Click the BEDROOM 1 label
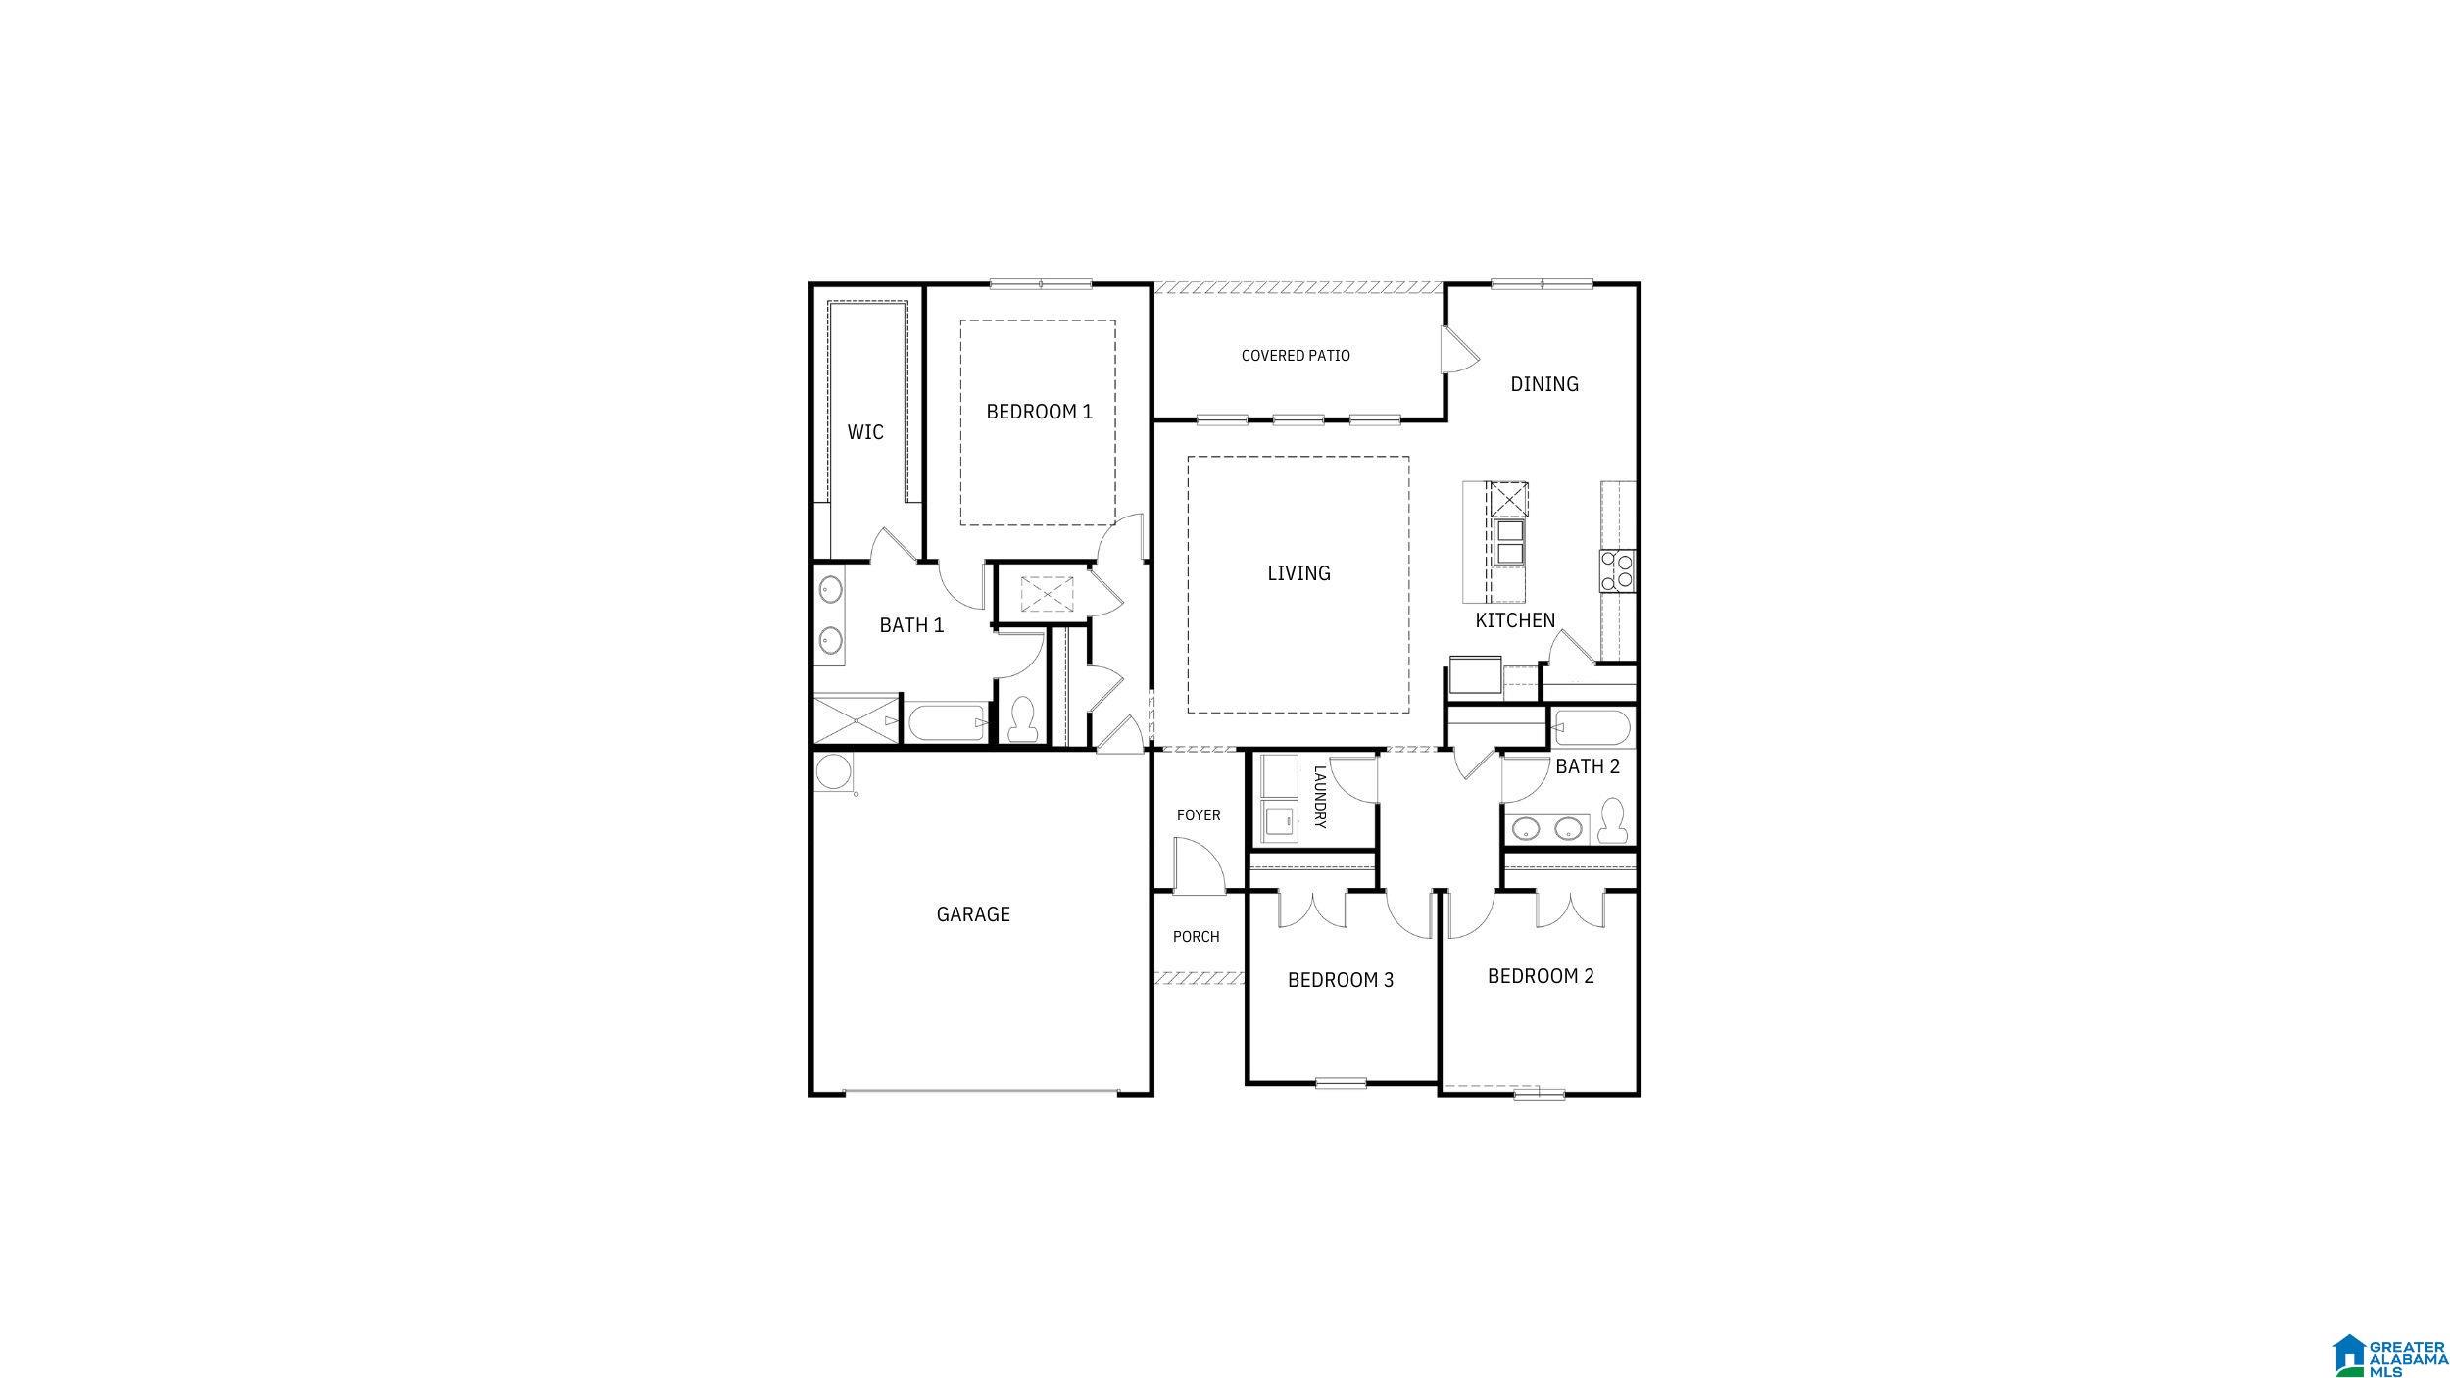[1039, 412]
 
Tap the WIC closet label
[865, 432]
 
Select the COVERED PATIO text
[1296, 356]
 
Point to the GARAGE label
[973, 914]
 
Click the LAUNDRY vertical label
[1319, 797]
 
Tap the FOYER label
[1199, 815]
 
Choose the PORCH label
[1197, 937]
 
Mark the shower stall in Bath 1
[857, 719]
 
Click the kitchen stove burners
[1617, 570]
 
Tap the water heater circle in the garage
[833, 771]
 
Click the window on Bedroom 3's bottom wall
[1341, 1083]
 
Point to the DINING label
[1544, 384]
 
